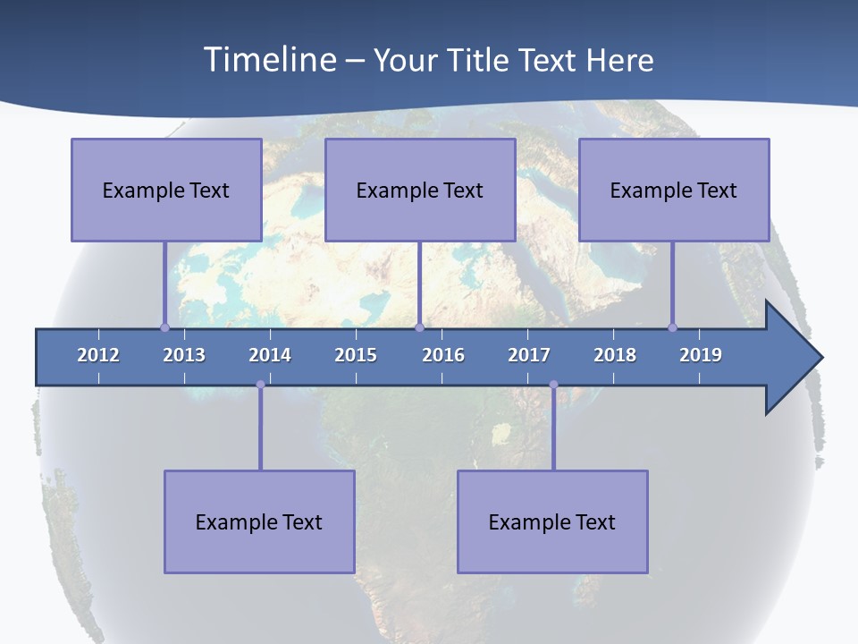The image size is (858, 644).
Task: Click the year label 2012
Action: coord(98,355)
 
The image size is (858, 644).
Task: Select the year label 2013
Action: coord(184,355)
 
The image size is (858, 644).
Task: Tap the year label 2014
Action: coord(270,355)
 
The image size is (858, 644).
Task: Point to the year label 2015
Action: coord(356,355)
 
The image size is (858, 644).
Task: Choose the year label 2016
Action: coord(443,355)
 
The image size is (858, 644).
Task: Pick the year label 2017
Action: coord(529,355)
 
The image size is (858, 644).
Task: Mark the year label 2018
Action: coord(615,355)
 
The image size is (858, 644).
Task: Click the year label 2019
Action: coord(701,355)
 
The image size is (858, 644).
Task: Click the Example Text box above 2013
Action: coord(166,190)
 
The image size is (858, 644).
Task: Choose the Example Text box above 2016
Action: coord(420,190)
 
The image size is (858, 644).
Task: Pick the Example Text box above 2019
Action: coord(674,190)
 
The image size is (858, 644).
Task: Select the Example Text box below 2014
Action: coord(259,521)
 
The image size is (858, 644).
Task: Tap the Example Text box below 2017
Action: coord(552,521)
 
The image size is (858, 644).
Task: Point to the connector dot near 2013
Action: coord(164,327)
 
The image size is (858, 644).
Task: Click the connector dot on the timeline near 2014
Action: coord(260,385)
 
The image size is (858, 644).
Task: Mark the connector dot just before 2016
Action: coord(419,327)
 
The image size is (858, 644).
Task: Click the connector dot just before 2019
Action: coord(673,327)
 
